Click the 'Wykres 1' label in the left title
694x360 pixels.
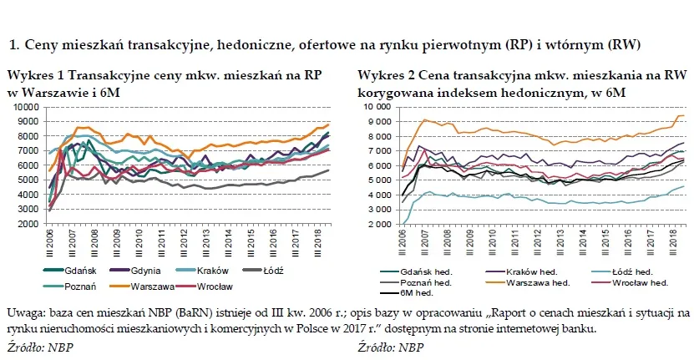30,74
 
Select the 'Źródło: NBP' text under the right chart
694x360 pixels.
388,345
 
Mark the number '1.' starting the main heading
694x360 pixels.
12,43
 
